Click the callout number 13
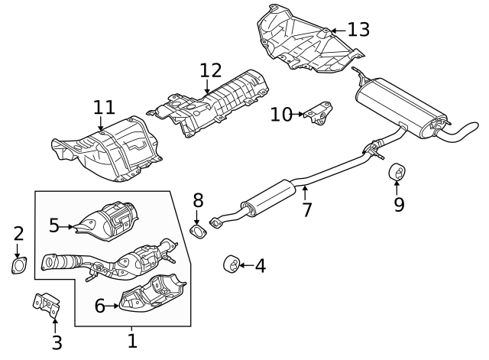click(x=358, y=30)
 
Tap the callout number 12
click(x=211, y=71)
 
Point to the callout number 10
click(x=280, y=115)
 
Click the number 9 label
click(x=399, y=204)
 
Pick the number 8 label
click(x=198, y=201)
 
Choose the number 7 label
click(x=306, y=209)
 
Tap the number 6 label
click(x=99, y=306)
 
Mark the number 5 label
click(x=54, y=225)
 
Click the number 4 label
click(x=260, y=266)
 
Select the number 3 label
click(x=57, y=342)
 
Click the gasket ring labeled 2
click(x=18, y=266)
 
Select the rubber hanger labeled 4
click(x=229, y=264)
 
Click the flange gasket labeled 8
click(x=198, y=230)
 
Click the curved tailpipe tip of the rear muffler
click(x=462, y=132)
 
